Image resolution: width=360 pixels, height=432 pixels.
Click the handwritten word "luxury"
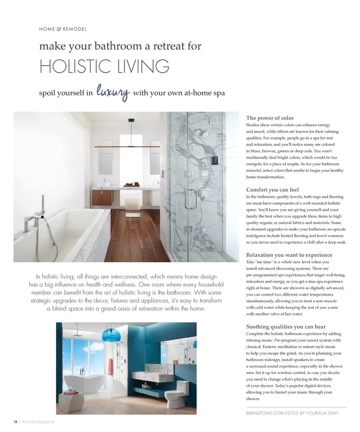coord(113,92)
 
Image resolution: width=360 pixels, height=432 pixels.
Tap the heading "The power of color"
coord(270,118)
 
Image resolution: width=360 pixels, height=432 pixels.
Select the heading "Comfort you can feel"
coord(272,190)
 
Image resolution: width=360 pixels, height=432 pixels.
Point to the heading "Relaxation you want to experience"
coord(289,255)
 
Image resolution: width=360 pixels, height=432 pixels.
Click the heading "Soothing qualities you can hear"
coord(286,327)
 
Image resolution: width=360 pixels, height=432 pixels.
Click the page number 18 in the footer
coord(15,422)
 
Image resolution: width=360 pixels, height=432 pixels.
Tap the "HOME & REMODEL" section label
coord(63,29)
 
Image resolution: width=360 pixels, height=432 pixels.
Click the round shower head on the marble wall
coord(204,134)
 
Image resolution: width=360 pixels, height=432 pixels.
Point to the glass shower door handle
coord(191,199)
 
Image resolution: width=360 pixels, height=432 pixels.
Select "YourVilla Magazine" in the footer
coord(38,422)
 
